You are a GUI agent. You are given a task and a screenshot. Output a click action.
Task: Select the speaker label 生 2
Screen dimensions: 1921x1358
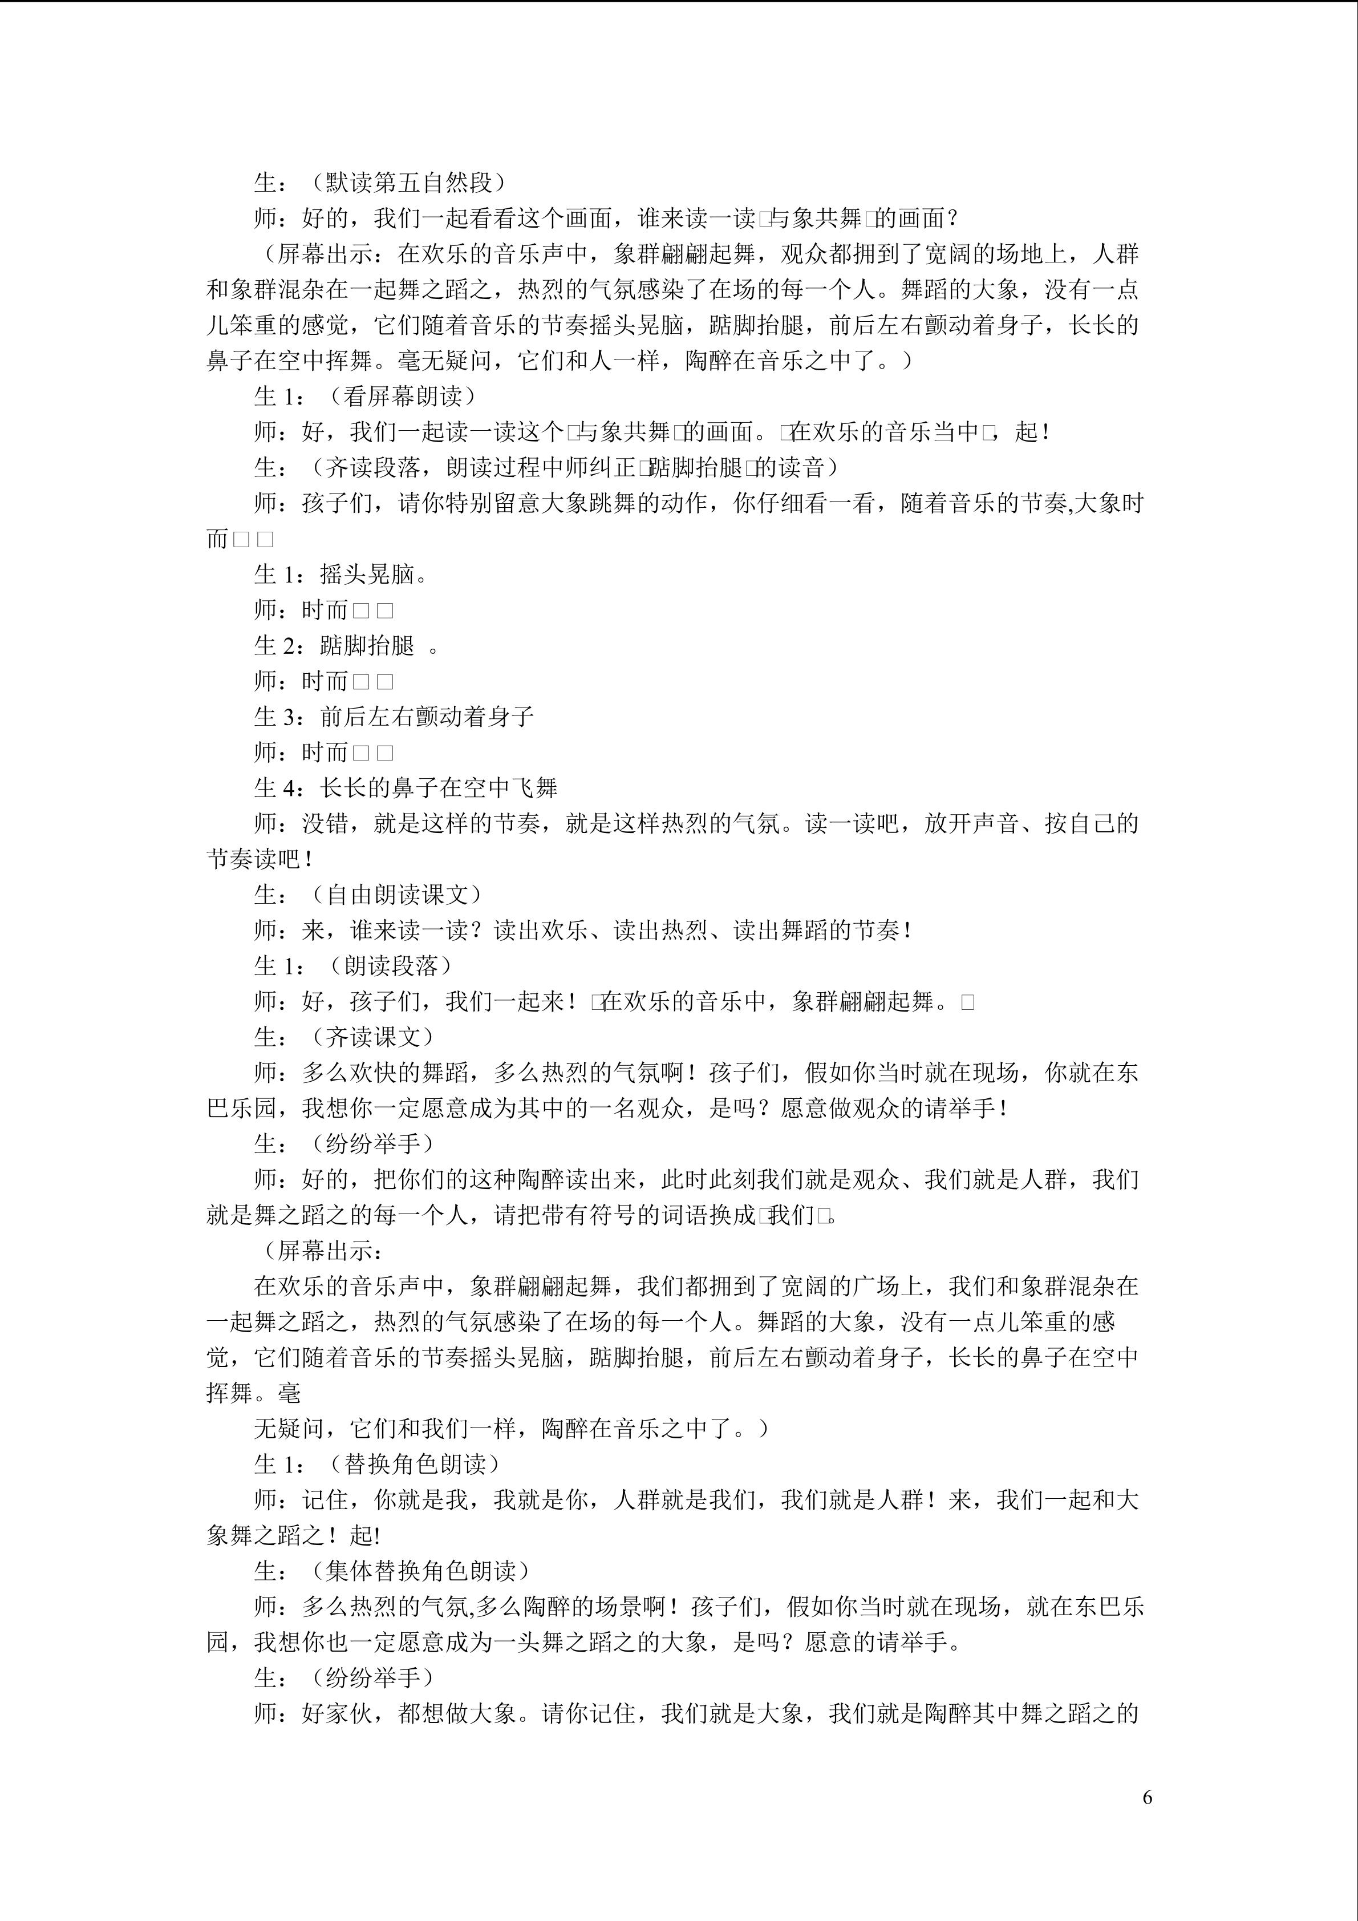pyautogui.click(x=277, y=645)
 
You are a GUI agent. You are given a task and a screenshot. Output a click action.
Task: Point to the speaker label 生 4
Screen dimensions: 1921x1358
pyautogui.click(x=277, y=787)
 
